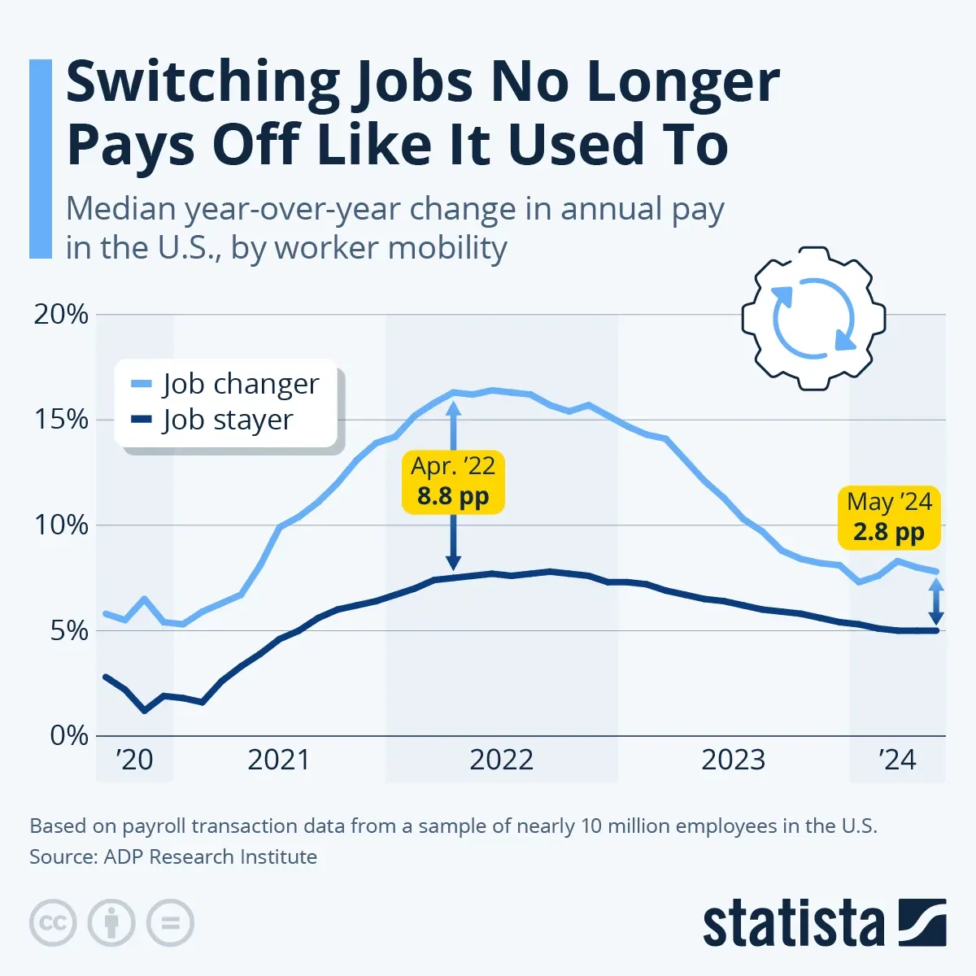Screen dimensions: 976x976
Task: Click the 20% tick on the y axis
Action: [61, 315]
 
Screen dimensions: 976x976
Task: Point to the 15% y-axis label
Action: [61, 420]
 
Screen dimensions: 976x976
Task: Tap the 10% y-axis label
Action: [61, 525]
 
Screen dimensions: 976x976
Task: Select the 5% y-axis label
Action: [68, 630]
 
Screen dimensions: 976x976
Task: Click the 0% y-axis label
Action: [68, 735]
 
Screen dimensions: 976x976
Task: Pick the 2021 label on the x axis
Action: [279, 760]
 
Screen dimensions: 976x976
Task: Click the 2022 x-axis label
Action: [501, 760]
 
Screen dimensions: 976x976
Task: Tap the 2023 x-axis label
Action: [733, 760]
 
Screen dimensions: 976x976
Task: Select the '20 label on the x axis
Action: [134, 760]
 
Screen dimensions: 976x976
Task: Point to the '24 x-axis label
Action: [897, 760]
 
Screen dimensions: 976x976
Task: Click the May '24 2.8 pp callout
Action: [889, 516]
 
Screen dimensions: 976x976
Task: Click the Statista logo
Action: [823, 925]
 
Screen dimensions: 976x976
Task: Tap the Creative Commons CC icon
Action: [53, 923]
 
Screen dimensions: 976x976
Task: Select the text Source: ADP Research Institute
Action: [173, 856]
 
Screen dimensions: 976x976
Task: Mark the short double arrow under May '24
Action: [936, 601]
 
